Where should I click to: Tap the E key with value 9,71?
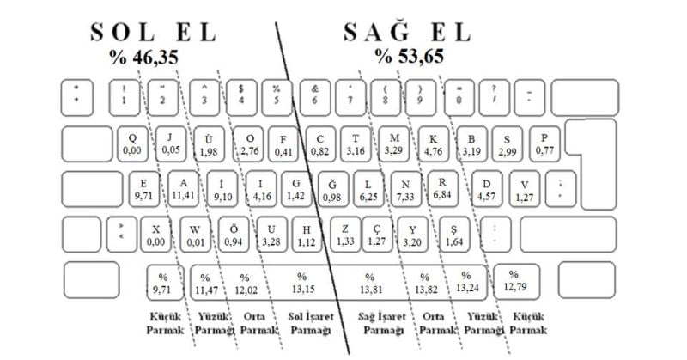tap(143, 189)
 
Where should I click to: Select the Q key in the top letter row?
tap(132, 143)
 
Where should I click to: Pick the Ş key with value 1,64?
tap(454, 235)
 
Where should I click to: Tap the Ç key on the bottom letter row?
tap(375, 235)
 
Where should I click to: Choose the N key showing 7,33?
tap(406, 189)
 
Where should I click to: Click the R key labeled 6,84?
tap(442, 189)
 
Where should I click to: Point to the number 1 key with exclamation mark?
tap(125, 95)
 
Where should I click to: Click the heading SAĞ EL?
tap(407, 33)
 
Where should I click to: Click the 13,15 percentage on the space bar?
tap(301, 283)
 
